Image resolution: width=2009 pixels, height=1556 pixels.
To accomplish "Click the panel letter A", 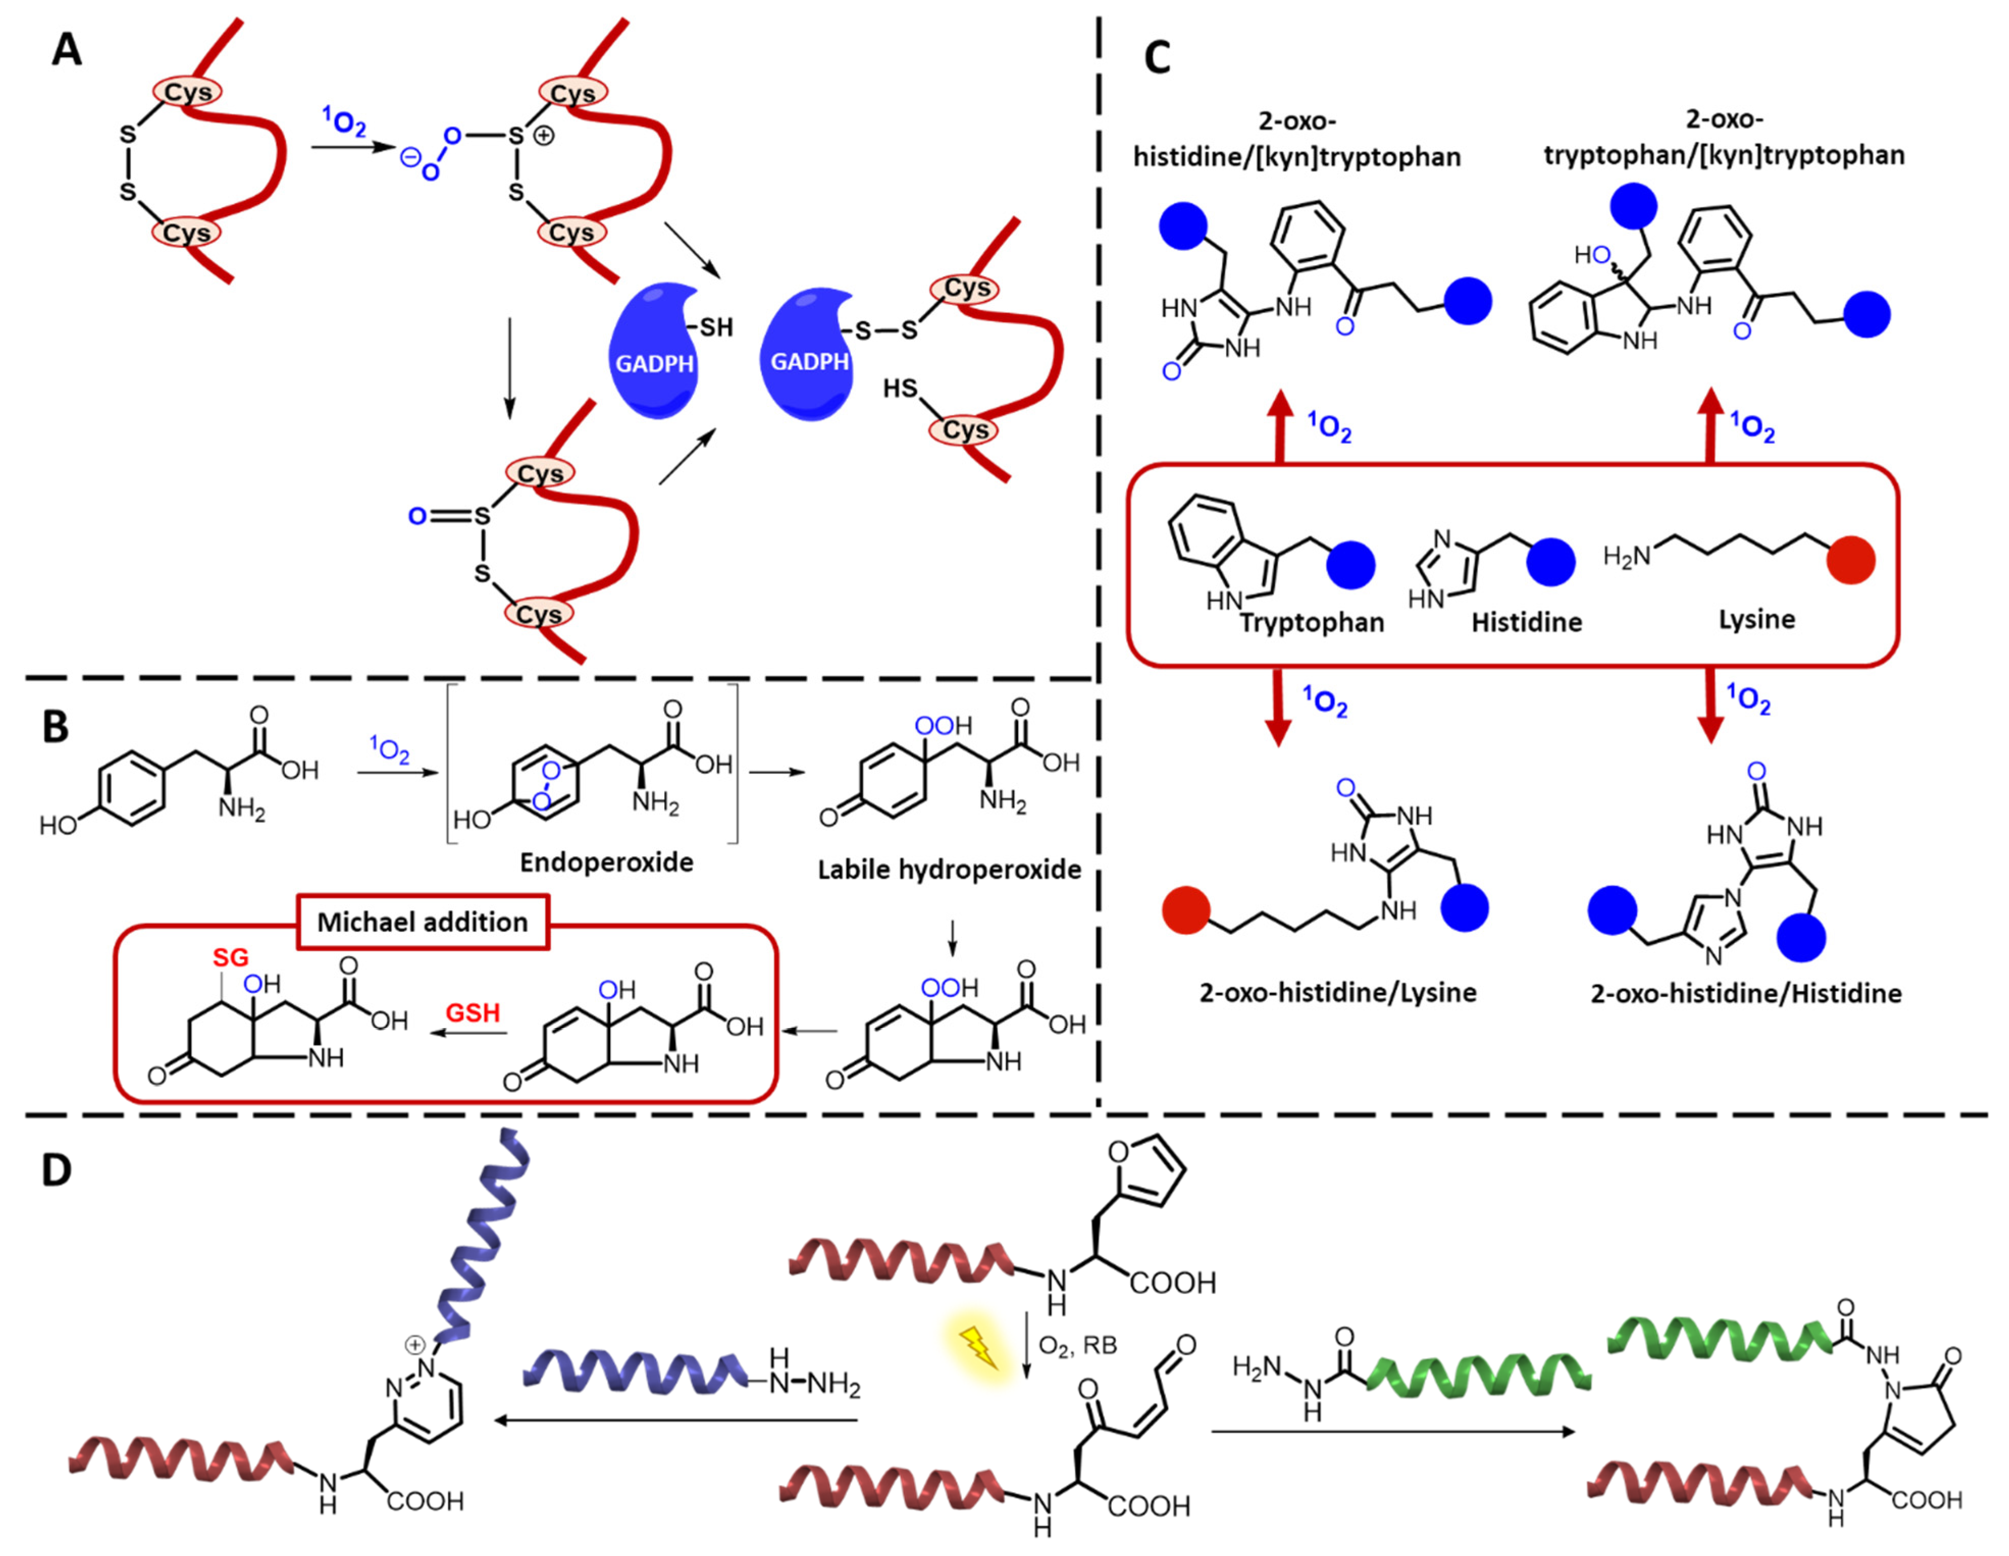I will point(66,49).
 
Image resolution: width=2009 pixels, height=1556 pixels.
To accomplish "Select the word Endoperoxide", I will point(606,862).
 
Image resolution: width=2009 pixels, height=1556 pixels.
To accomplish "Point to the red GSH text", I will point(473,1013).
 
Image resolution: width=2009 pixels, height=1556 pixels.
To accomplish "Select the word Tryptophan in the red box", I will point(1311,623).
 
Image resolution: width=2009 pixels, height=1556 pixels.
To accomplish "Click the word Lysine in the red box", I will point(1756,619).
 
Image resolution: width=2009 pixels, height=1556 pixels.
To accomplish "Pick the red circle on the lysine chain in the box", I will point(1850,560).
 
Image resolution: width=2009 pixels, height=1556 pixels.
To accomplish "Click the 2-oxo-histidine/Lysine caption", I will point(1338,993).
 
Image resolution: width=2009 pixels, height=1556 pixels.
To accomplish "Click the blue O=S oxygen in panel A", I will point(416,516).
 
